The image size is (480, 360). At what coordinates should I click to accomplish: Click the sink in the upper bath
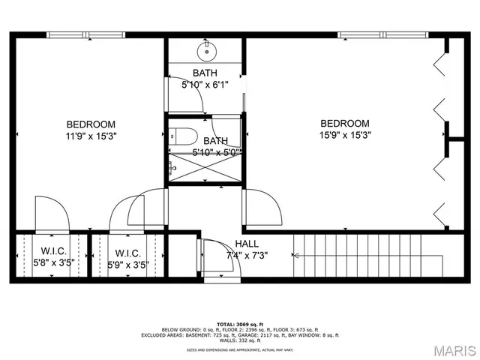tap(204, 52)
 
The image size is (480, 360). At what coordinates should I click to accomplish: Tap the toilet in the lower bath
tap(185, 136)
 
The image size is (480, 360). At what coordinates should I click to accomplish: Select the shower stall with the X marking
tap(204, 166)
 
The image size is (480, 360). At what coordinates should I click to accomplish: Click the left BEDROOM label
tap(91, 124)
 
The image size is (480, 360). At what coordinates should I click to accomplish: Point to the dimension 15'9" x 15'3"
tap(345, 136)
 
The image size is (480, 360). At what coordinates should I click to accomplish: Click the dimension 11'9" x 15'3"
tap(91, 136)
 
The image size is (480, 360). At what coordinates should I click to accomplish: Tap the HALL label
tap(247, 244)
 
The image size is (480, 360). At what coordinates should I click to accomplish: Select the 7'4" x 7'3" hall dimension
tap(247, 255)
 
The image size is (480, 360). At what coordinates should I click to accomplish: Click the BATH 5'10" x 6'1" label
tap(204, 79)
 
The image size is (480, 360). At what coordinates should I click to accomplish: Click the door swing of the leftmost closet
tap(52, 214)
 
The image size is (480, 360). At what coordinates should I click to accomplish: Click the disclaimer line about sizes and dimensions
tap(239, 349)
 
